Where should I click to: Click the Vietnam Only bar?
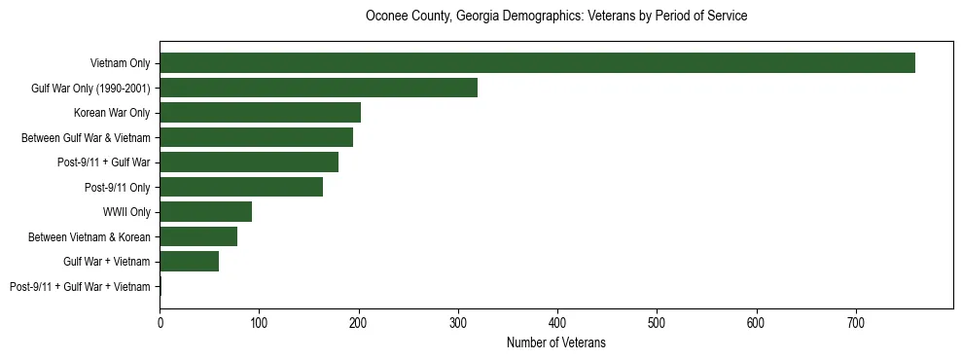(x=537, y=63)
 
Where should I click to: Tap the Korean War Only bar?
(x=260, y=113)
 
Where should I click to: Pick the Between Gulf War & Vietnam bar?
(x=256, y=137)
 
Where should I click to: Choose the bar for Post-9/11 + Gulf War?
(x=249, y=162)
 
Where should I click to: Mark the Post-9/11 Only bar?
(x=241, y=187)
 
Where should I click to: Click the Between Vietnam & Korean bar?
(x=198, y=236)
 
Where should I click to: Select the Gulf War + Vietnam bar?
(x=189, y=261)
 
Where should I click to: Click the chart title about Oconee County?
(x=555, y=17)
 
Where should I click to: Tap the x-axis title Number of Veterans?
(x=555, y=342)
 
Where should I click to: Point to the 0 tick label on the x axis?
(x=160, y=322)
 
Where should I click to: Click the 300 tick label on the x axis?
(x=458, y=322)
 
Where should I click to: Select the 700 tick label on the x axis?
(x=856, y=322)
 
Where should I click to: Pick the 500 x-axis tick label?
(x=657, y=322)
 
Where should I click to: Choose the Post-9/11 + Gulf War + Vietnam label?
(x=80, y=286)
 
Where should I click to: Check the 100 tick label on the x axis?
(x=259, y=322)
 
